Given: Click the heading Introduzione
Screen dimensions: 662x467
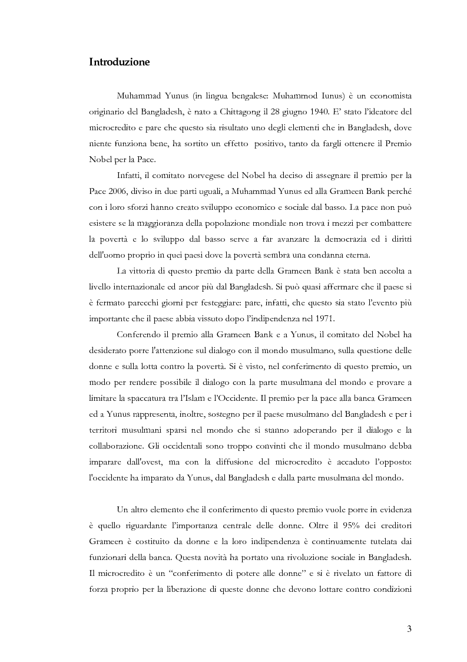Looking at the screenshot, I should click(120, 62).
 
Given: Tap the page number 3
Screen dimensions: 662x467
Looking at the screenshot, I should click(409, 628).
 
